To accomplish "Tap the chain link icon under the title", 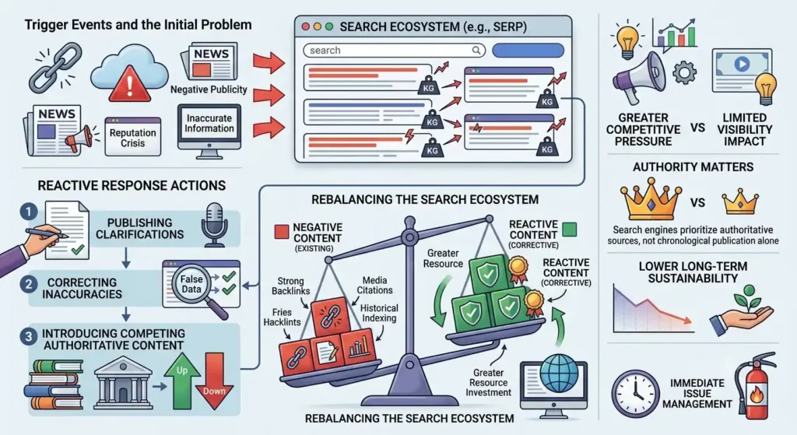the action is click(x=55, y=67).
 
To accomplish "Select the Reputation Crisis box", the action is click(x=132, y=136).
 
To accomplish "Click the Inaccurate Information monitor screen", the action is click(x=209, y=124).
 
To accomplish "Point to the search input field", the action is click(x=394, y=51).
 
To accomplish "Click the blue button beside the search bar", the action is click(x=528, y=51).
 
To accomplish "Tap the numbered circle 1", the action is click(x=29, y=212).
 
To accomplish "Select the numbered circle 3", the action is click(x=29, y=336).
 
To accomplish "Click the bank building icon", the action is click(x=123, y=382).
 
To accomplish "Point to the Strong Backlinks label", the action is click(x=290, y=286).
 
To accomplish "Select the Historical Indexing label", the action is click(x=379, y=313).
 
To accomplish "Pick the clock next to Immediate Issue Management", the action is click(x=635, y=394).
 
